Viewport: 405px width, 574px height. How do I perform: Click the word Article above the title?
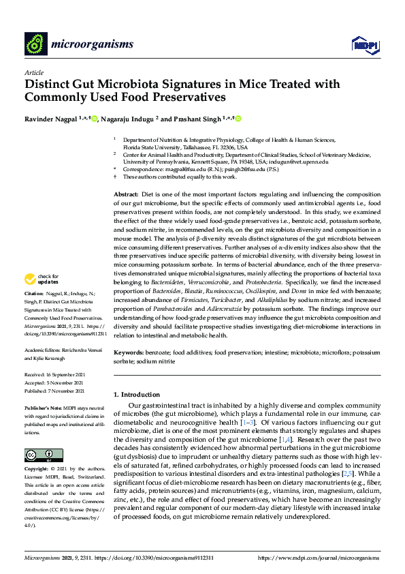[x=33, y=72]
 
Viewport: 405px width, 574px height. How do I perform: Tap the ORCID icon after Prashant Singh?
[x=238, y=119]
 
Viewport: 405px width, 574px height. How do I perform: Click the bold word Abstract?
[x=126, y=195]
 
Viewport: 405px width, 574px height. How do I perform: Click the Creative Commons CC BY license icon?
[x=39, y=454]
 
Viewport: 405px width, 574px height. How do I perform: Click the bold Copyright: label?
[x=37, y=470]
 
